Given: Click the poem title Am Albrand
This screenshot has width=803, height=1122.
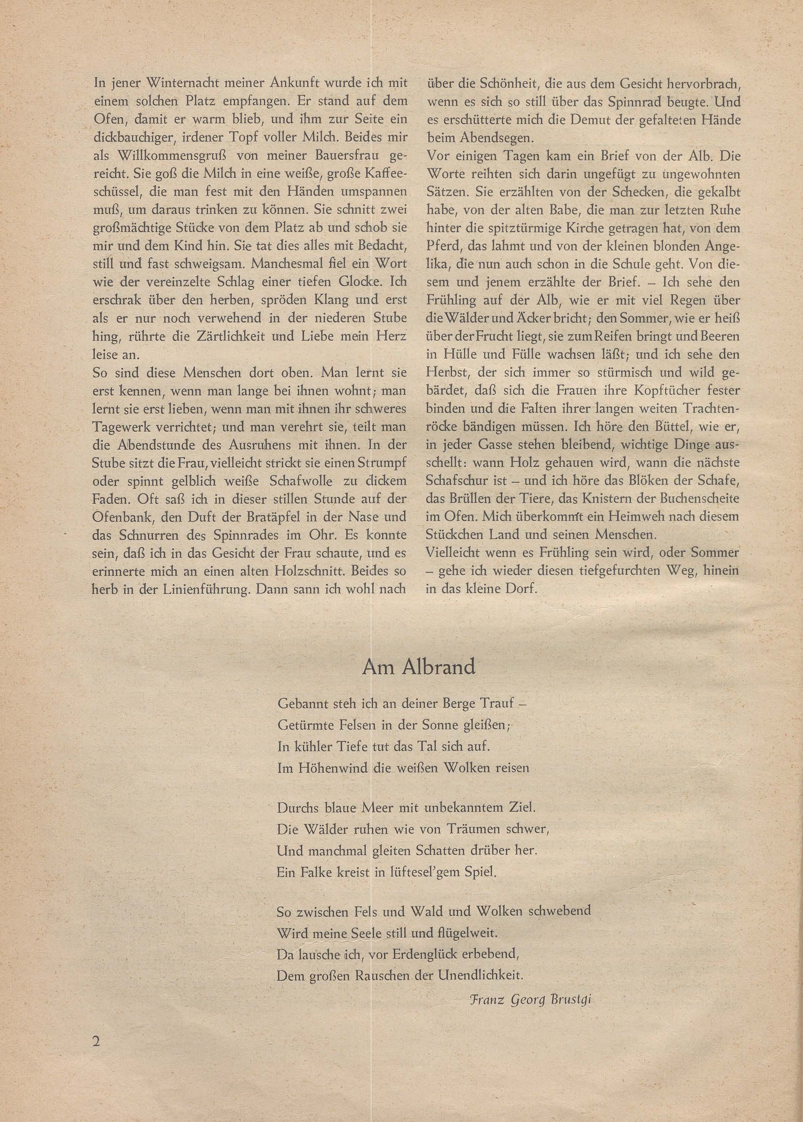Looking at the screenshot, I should [418, 667].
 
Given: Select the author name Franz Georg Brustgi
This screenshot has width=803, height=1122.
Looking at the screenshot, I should [530, 996].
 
